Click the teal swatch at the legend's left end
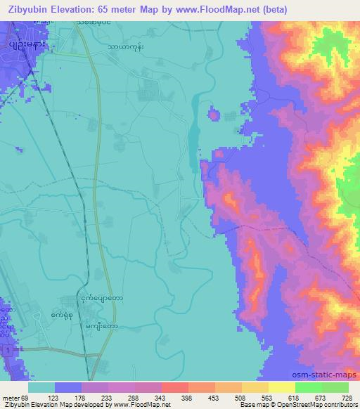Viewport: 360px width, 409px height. (41, 387)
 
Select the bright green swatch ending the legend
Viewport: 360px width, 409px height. (335, 387)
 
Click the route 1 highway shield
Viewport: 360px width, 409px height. (6, 349)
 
